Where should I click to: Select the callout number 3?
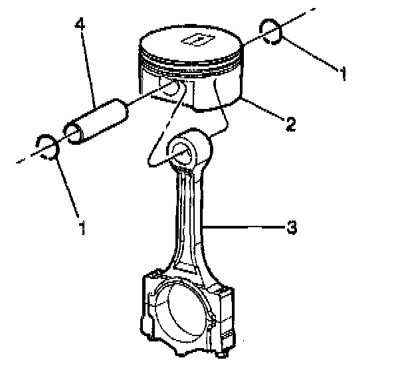pos(291,228)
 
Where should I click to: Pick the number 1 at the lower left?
pos(82,229)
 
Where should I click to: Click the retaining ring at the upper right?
pos(270,31)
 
